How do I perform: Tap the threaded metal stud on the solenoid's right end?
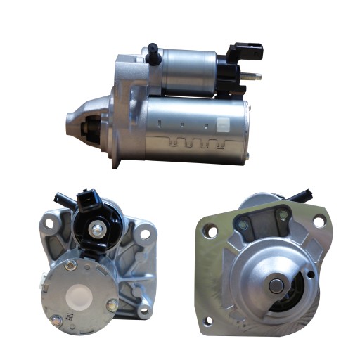point(255,77)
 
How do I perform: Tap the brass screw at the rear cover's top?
point(70,265)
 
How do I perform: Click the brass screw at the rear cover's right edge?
point(112,304)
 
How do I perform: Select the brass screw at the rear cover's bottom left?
point(57,321)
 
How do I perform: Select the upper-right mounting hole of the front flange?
point(319,221)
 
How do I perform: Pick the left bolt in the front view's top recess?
point(243,225)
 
